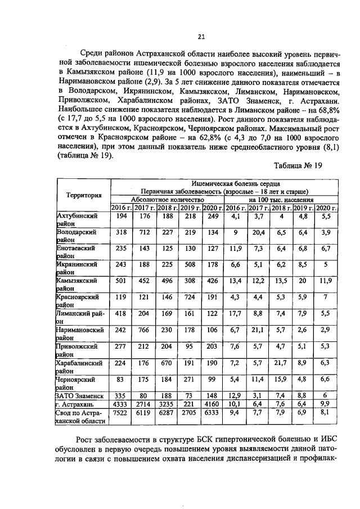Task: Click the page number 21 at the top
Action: pos(201,37)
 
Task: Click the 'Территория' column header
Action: pos(84,195)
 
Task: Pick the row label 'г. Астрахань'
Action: pos(79,404)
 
